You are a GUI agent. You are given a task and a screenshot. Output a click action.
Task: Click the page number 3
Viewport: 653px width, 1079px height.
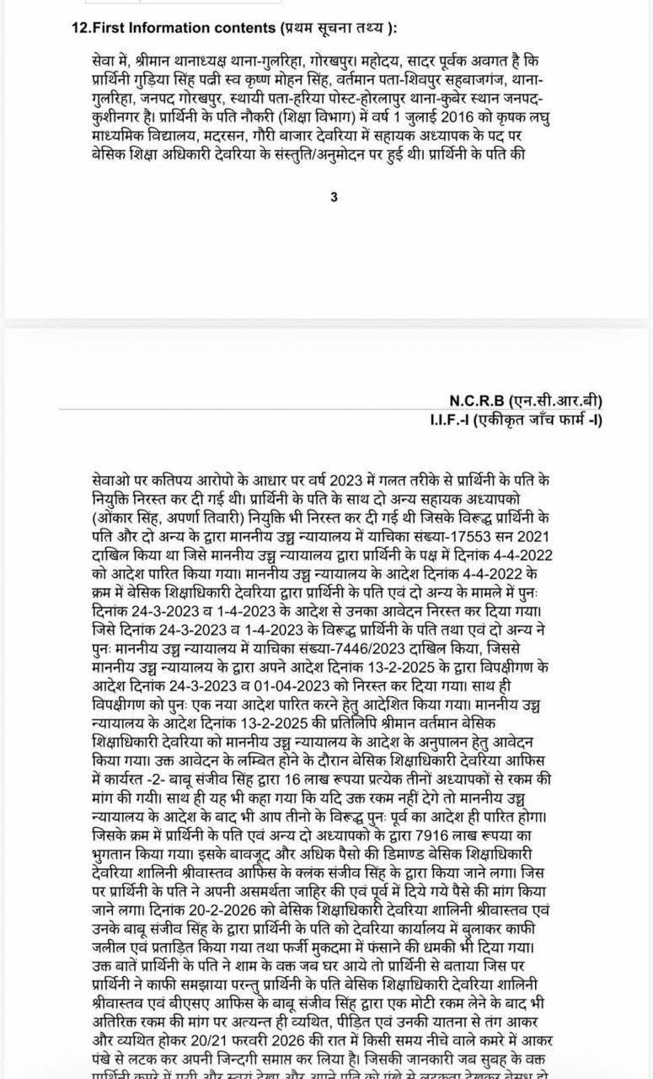[x=335, y=197]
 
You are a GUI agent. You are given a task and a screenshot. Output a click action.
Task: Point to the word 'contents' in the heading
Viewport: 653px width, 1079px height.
[x=233, y=27]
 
